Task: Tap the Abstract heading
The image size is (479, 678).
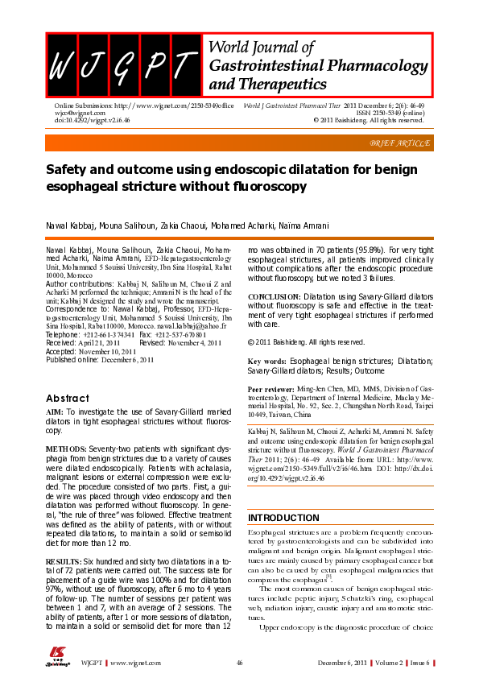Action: click(x=68, y=398)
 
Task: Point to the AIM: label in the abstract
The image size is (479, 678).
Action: click(x=54, y=412)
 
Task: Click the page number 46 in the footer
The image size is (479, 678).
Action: click(x=239, y=662)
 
